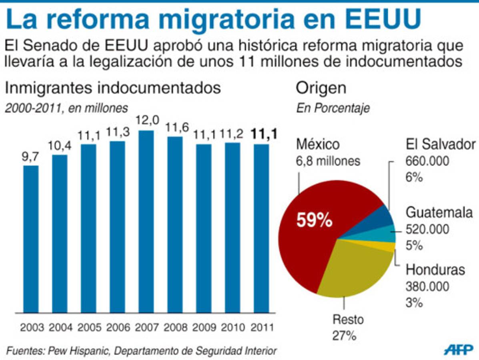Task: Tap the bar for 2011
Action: coord(261,228)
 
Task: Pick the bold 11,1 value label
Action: coord(262,134)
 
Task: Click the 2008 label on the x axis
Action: coord(175,327)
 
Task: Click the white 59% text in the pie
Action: coord(314,220)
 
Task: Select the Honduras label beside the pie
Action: coord(435,270)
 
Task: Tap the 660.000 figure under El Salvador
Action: coord(427,161)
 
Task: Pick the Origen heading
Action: coord(321,88)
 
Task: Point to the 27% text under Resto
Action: coord(344,336)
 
